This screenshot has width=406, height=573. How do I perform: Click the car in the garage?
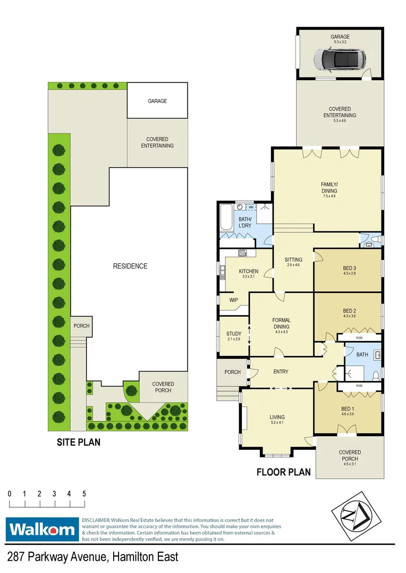pyautogui.click(x=340, y=59)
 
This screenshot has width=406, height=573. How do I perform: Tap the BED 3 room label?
pyautogui.click(x=349, y=268)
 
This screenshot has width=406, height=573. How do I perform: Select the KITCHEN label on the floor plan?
pyautogui.click(x=248, y=272)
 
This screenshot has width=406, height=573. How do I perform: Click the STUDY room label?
pyautogui.click(x=234, y=334)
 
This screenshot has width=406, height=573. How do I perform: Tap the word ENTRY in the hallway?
pyautogui.click(x=281, y=371)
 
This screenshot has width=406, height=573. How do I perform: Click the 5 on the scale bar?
pyautogui.click(x=84, y=494)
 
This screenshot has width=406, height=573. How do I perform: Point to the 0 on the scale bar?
pyautogui.click(x=10, y=494)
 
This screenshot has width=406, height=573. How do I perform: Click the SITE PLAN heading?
pyautogui.click(x=79, y=442)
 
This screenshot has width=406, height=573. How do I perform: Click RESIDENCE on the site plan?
pyautogui.click(x=130, y=266)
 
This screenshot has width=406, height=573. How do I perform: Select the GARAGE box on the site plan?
pyautogui.click(x=157, y=101)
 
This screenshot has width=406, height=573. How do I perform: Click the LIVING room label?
pyautogui.click(x=277, y=418)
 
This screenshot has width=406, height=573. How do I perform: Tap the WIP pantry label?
pyautogui.click(x=233, y=300)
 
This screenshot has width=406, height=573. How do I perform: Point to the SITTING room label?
pyautogui.click(x=293, y=260)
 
